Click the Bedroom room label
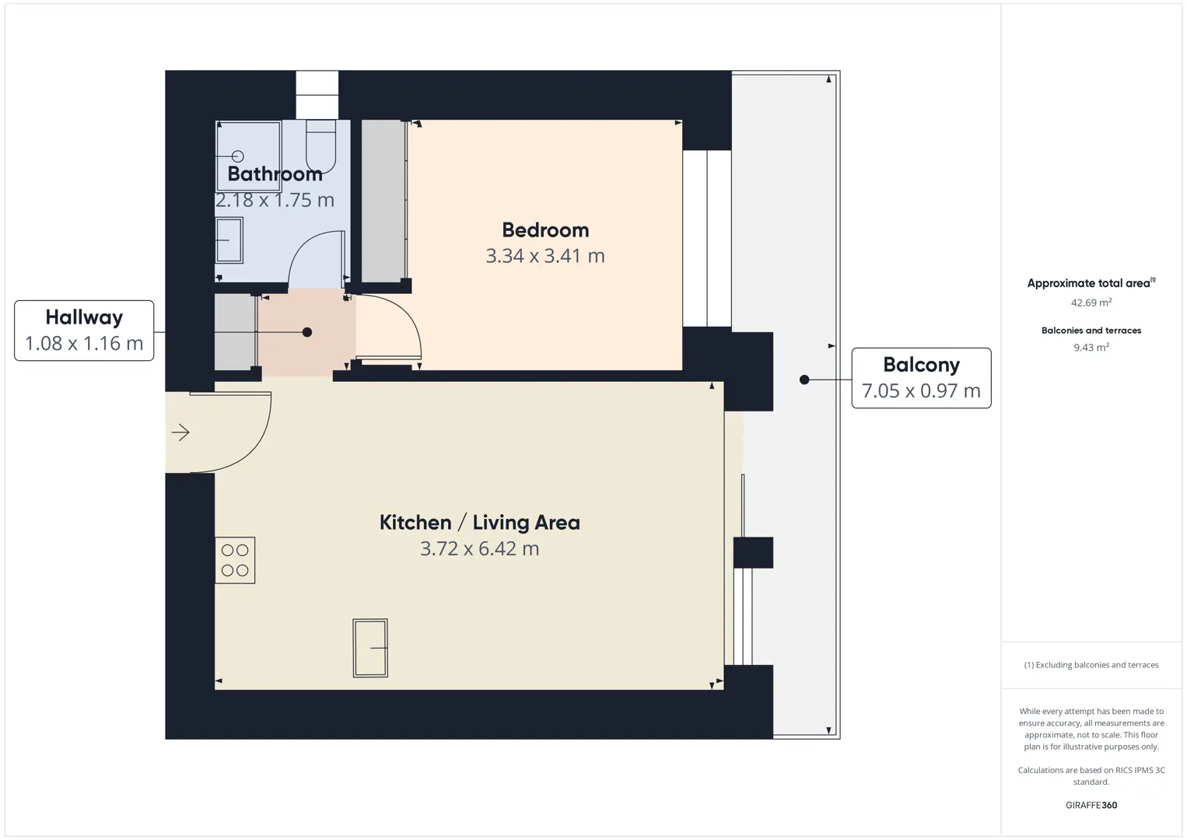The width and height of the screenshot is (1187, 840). tap(545, 230)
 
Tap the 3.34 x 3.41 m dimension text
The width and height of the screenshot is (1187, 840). tap(545, 256)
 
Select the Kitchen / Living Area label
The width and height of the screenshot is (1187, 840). tap(480, 523)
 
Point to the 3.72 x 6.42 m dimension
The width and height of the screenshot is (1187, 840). tap(480, 548)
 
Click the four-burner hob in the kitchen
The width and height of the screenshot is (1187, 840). tap(235, 560)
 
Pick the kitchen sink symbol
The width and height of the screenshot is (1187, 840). tap(370, 648)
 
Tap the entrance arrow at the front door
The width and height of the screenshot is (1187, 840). tap(180, 432)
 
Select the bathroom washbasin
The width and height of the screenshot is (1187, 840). tap(229, 240)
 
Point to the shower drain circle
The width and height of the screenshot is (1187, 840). tap(238, 156)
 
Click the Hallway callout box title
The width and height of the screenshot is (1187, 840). tap(84, 317)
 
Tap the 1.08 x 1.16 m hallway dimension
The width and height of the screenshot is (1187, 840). tap(84, 344)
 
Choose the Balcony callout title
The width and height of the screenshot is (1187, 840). tap(922, 365)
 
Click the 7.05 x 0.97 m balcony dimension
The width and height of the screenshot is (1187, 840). tap(922, 390)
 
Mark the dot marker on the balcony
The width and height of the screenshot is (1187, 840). tap(804, 380)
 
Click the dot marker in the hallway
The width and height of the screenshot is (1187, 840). tap(307, 332)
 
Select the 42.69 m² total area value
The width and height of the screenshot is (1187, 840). tap(1091, 303)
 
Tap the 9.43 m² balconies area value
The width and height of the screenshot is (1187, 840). tap(1091, 347)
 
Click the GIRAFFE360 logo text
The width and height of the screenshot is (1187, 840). tap(1091, 805)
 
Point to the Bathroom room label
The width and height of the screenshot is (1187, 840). tap(275, 173)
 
